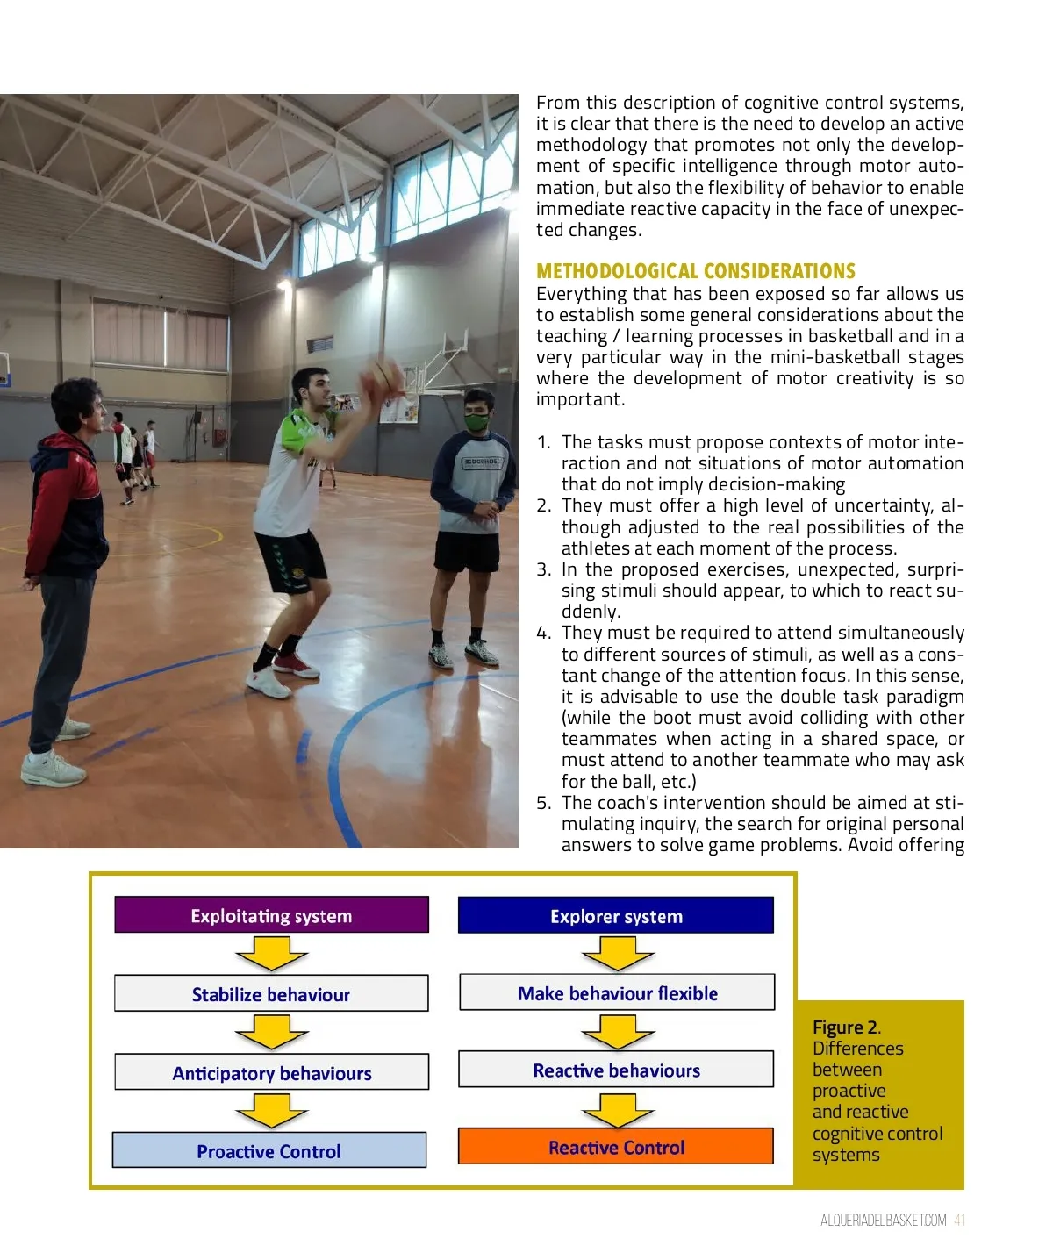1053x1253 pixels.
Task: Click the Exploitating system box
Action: [x=271, y=915]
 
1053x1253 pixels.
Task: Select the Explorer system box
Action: [x=616, y=915]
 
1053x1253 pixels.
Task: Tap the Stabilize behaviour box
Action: [x=271, y=993]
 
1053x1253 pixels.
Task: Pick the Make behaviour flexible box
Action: [x=617, y=992]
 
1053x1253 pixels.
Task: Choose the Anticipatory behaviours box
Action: [x=271, y=1072]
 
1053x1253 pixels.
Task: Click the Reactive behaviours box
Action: [x=616, y=1070]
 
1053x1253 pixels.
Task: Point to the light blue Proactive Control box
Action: [x=269, y=1150]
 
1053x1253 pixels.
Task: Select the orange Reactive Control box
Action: [x=616, y=1147]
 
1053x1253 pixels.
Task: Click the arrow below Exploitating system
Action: [x=271, y=953]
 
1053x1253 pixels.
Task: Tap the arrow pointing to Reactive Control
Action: [x=617, y=1109]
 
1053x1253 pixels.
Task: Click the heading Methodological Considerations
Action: [x=695, y=271]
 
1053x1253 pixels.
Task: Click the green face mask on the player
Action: [x=476, y=422]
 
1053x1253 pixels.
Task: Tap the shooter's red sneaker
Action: [x=297, y=665]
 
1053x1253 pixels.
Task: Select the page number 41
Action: [x=959, y=1221]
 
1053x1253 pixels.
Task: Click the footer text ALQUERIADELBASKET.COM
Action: [x=883, y=1221]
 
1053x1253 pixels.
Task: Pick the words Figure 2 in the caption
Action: [x=845, y=1027]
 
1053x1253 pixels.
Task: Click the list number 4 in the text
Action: [x=544, y=634]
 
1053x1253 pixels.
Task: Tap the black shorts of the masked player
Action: [x=467, y=552]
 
